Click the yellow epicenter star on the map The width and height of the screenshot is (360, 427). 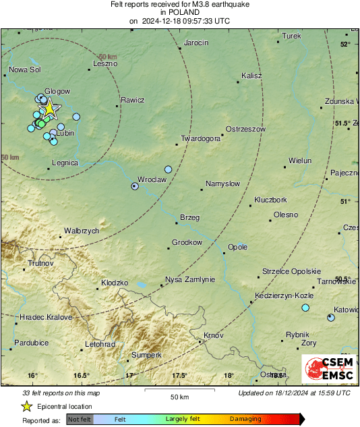(49, 109)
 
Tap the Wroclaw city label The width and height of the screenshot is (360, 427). (152, 180)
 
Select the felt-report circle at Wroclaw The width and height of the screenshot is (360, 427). (135, 186)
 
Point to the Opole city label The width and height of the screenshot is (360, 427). (238, 247)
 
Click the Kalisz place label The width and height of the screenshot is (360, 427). (251, 76)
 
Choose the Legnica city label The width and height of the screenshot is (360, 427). (65, 163)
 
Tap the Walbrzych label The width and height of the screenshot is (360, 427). (82, 231)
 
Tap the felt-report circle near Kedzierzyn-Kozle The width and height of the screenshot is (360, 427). (305, 308)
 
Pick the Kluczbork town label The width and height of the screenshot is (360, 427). (270, 200)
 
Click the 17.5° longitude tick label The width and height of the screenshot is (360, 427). (180, 375)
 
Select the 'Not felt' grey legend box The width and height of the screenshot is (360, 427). (80, 419)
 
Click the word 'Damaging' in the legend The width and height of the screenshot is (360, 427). (245, 419)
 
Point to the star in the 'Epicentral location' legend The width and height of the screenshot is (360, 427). (26, 406)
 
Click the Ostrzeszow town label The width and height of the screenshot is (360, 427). (245, 129)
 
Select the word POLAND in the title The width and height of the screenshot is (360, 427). (179, 12)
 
